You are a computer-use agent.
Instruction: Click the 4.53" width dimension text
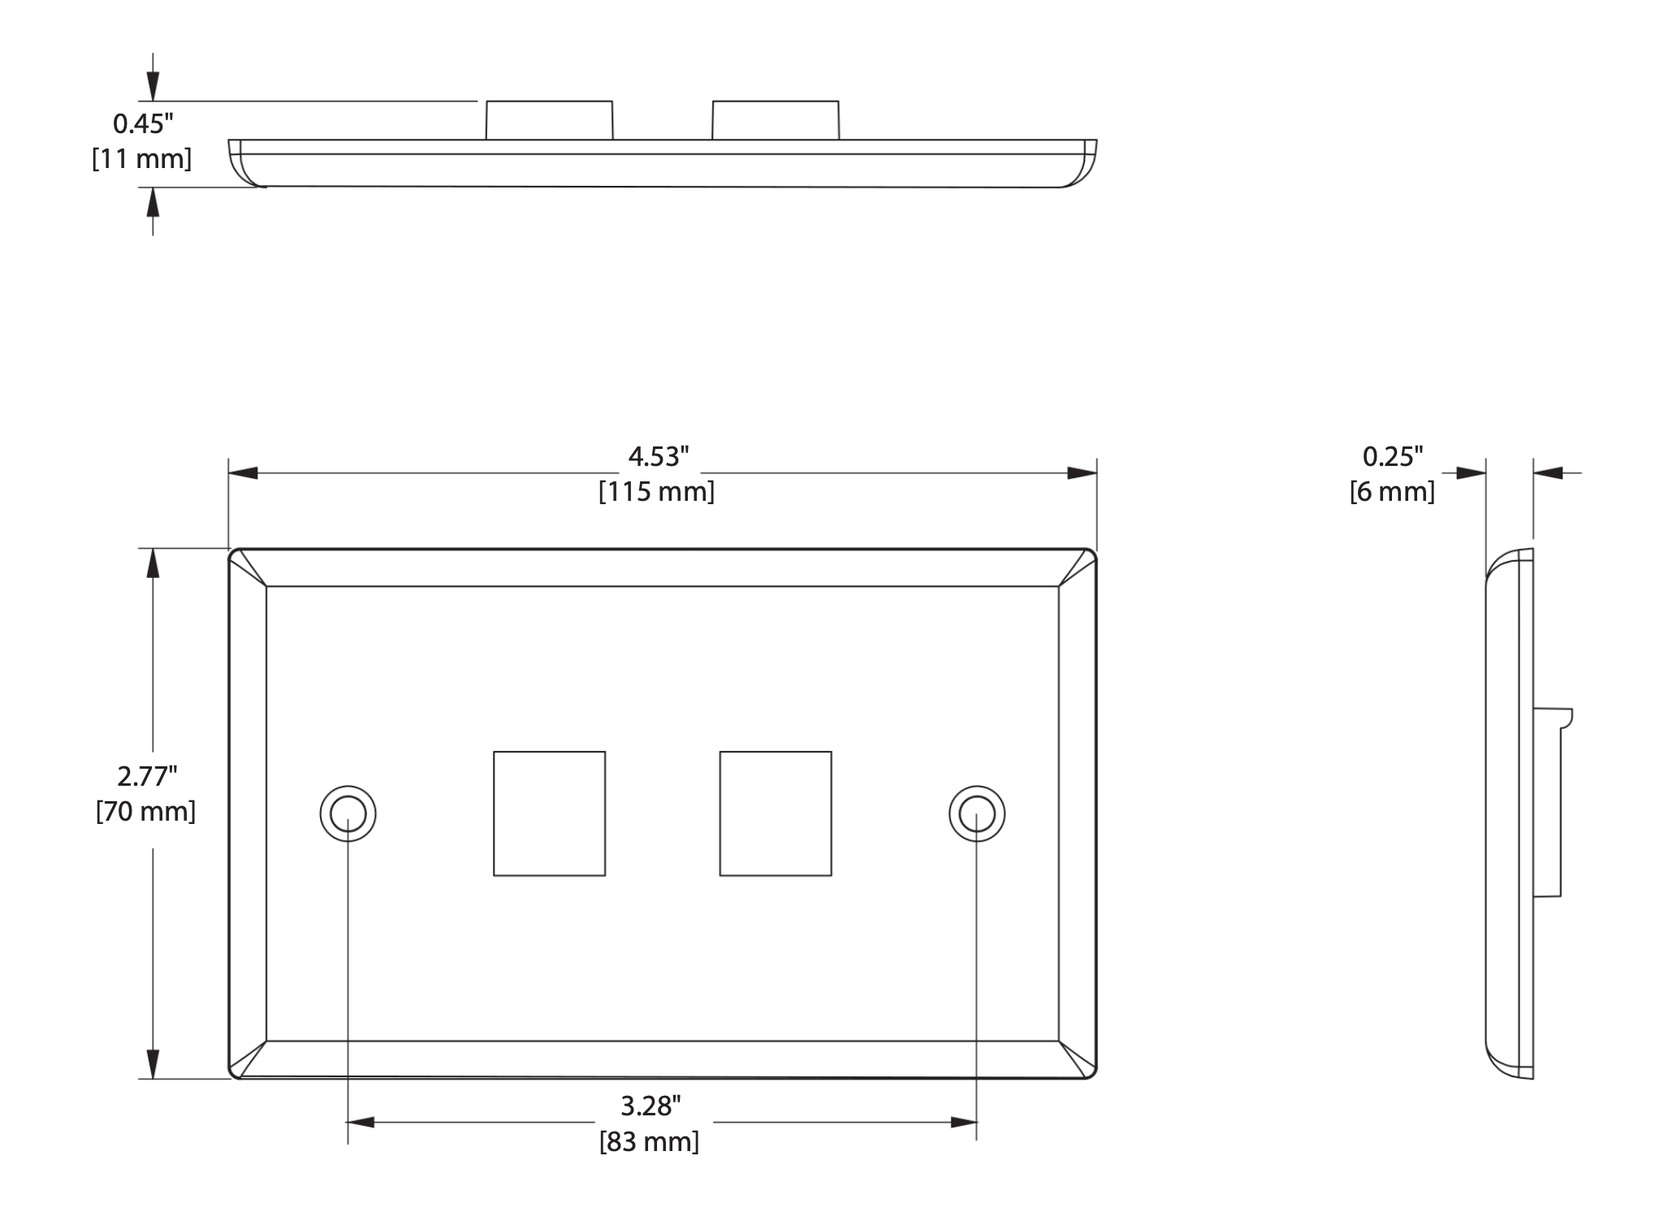pyautogui.click(x=658, y=457)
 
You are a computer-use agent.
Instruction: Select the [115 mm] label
pyautogui.click(x=657, y=492)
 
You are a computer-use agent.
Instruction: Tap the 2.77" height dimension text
pyautogui.click(x=147, y=776)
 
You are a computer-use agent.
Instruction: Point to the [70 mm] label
pyautogui.click(x=146, y=811)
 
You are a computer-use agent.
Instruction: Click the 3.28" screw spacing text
pyautogui.click(x=651, y=1106)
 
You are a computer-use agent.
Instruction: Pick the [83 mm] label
pyautogui.click(x=649, y=1141)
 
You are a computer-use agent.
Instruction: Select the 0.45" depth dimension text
pyautogui.click(x=143, y=123)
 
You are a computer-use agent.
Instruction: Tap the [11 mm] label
pyautogui.click(x=142, y=158)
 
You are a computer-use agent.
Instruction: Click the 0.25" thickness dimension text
pyautogui.click(x=1393, y=457)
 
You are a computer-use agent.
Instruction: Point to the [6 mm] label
pyautogui.click(x=1392, y=492)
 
